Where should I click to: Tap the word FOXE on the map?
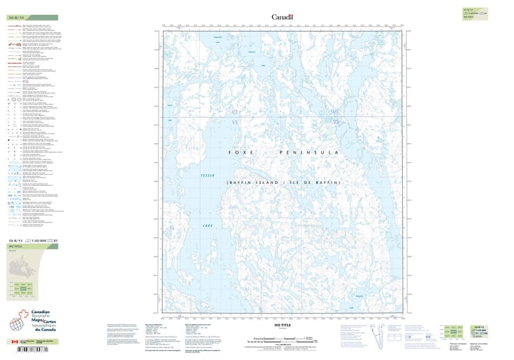point(242,152)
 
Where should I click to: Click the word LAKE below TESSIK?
point(208,226)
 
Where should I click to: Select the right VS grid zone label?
point(333,120)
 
